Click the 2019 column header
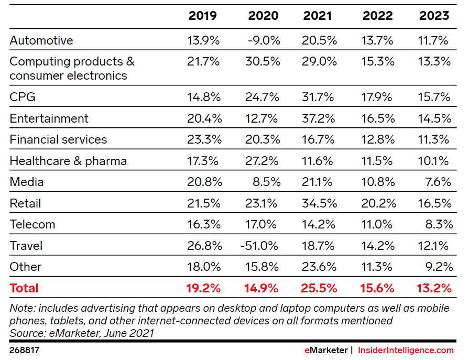202,16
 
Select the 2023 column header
434,16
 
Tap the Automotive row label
41,41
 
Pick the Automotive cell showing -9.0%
265,41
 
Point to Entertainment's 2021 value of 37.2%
319,118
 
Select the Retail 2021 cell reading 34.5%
319,203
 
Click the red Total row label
24,288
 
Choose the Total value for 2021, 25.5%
319,288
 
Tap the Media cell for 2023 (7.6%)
439,182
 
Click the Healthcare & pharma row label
68,161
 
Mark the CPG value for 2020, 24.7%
263,97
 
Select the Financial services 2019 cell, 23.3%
204,139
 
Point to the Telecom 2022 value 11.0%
377,224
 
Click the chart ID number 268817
24,350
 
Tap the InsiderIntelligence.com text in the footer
406,350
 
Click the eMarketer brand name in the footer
325,350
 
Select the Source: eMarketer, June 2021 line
82,333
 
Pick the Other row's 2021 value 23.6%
319,267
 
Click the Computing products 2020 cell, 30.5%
263,62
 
